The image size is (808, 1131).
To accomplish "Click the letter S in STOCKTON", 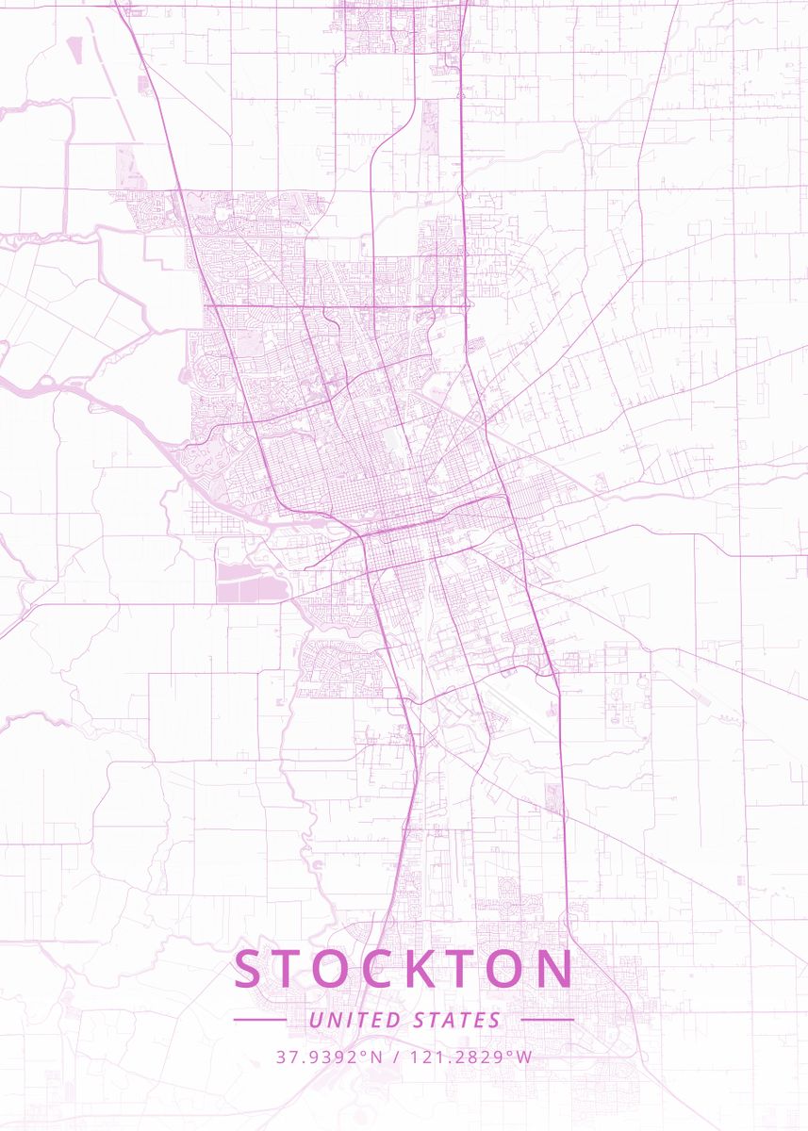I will click(252, 969).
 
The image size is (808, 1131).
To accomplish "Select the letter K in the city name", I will click(418, 969).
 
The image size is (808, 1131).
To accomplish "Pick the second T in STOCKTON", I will click(461, 969).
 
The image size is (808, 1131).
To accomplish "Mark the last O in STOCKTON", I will click(506, 969).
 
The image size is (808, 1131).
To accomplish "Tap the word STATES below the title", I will click(457, 1020).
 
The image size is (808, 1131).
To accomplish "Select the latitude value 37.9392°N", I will click(329, 1057).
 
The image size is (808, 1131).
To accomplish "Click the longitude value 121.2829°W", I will click(474, 1057).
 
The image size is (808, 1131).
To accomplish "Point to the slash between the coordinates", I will click(397, 1057).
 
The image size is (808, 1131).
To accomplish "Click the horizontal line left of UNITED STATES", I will click(259, 1020).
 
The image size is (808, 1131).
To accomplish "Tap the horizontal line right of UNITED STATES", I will click(547, 1020).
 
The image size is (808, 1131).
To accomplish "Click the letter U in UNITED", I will click(315, 1020).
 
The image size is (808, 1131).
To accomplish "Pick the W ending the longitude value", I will click(525, 1057).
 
